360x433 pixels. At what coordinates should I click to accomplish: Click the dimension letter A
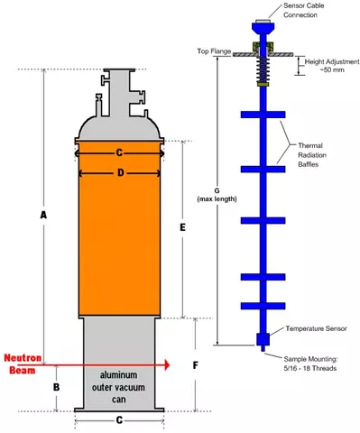click(x=43, y=216)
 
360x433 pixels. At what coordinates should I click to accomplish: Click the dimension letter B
click(x=57, y=387)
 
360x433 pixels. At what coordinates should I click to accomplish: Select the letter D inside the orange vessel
click(x=120, y=173)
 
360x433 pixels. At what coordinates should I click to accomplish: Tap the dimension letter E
click(x=182, y=227)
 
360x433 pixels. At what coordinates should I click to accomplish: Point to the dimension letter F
click(x=196, y=365)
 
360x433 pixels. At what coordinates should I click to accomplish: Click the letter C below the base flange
click(x=119, y=419)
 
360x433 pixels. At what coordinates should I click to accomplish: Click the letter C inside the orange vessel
click(x=119, y=153)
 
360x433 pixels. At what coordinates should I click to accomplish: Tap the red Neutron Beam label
click(x=23, y=364)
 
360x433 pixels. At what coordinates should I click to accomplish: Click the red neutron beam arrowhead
click(x=166, y=365)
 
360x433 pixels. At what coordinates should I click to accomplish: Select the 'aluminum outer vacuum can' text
click(x=118, y=387)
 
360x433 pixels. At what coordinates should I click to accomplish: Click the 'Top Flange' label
click(x=214, y=51)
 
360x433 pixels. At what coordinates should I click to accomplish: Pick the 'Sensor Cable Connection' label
click(x=303, y=10)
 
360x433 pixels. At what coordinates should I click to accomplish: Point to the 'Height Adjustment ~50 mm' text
click(x=332, y=66)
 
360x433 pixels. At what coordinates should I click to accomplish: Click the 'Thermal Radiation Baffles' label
click(x=312, y=155)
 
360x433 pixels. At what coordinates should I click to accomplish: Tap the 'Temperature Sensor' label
click(x=316, y=328)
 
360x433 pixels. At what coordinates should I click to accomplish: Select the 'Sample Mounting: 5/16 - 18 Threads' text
click(x=310, y=364)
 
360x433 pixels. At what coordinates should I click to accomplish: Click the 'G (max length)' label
click(x=217, y=195)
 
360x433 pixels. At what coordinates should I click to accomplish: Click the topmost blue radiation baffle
click(x=263, y=115)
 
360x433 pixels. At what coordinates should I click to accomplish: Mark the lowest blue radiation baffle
click(x=263, y=306)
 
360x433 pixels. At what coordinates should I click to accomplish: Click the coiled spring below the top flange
click(x=263, y=69)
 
